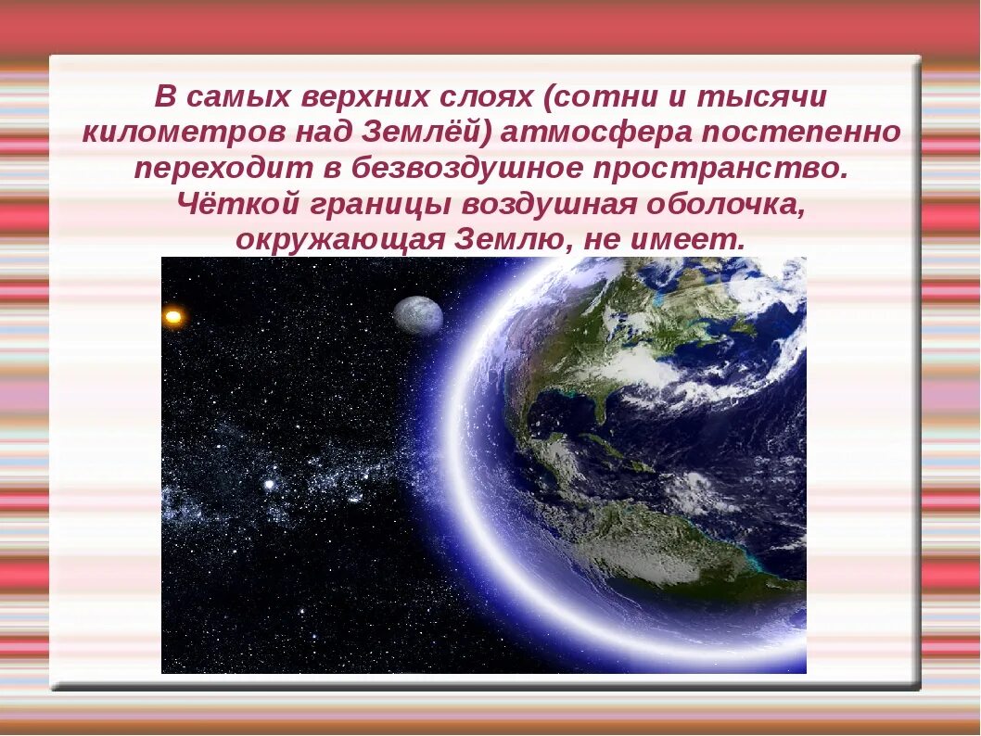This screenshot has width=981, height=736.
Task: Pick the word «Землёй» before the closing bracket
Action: click(427, 133)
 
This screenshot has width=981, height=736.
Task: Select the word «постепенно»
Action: click(800, 133)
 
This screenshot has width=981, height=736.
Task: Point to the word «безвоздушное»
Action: click(452, 170)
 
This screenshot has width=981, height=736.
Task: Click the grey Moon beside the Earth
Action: click(418, 315)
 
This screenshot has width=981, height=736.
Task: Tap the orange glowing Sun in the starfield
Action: click(173, 317)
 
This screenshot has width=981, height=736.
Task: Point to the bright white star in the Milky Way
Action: click(270, 485)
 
